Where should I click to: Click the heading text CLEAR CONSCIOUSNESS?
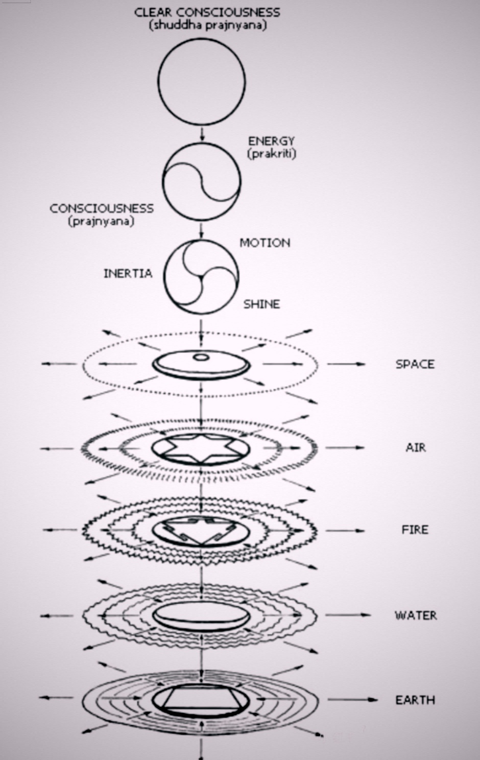(207, 13)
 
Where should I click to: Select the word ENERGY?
(271, 141)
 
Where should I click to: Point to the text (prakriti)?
(272, 154)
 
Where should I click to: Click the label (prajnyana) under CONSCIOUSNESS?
(102, 222)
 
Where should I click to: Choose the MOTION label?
(265, 243)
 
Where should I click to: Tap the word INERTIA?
(128, 273)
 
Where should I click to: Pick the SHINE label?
(262, 304)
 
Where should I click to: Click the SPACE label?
(415, 364)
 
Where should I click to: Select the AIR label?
(416, 448)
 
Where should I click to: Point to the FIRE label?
(415, 530)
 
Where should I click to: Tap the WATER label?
(416, 615)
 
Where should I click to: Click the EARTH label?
(415, 700)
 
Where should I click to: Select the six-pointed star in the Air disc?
(202, 449)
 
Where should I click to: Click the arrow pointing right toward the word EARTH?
(352, 700)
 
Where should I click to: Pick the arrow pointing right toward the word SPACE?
(346, 364)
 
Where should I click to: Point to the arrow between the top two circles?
(202, 134)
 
